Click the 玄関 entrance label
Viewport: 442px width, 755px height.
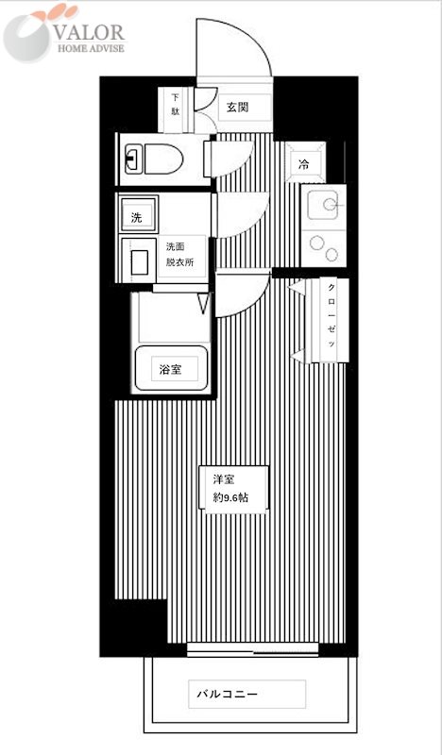click(236, 107)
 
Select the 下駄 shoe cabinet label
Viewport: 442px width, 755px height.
click(176, 104)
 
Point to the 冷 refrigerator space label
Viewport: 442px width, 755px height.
click(304, 164)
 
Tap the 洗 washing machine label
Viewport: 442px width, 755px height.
click(136, 217)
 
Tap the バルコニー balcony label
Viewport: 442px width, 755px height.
click(228, 694)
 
